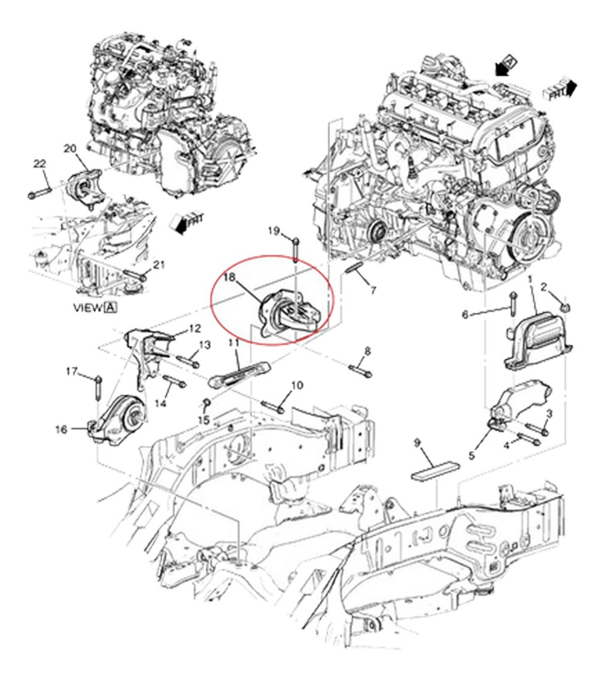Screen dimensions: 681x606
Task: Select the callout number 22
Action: (x=39, y=164)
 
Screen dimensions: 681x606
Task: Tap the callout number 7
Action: (x=373, y=290)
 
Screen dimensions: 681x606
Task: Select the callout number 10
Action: (x=297, y=386)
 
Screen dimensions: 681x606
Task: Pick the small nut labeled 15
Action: (x=206, y=402)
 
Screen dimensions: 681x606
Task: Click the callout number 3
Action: (x=549, y=413)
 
